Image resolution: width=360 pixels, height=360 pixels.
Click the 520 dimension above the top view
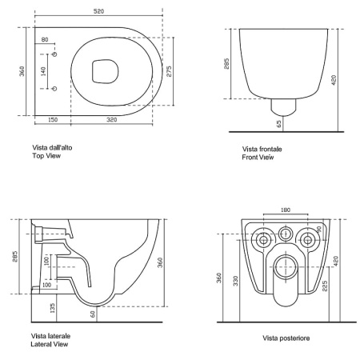(98, 11)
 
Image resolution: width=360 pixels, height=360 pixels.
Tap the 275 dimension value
(169, 71)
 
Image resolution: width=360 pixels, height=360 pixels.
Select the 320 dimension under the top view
(112, 120)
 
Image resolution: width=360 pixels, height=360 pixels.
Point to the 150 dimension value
(53, 120)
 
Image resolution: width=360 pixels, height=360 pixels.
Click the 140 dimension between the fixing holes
(43, 71)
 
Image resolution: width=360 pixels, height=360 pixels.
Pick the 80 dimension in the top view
(45, 40)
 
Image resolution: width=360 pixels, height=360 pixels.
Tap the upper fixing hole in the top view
(54, 54)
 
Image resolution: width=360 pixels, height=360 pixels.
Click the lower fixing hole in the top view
(54, 89)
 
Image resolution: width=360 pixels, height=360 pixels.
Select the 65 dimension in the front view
(279, 124)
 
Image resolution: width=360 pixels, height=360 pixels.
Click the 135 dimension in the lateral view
(53, 308)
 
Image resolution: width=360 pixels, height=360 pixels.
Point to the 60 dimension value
(93, 314)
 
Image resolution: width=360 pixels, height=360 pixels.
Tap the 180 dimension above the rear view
(286, 210)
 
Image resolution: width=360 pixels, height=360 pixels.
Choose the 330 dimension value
(236, 281)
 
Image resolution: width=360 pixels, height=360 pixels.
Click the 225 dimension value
(325, 286)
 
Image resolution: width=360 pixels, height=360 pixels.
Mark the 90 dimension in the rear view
(319, 229)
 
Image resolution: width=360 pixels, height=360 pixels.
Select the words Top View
(46, 156)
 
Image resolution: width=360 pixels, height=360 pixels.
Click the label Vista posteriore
(286, 338)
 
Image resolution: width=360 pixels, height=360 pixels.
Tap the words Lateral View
(50, 344)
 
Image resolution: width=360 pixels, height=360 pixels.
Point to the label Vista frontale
(262, 149)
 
